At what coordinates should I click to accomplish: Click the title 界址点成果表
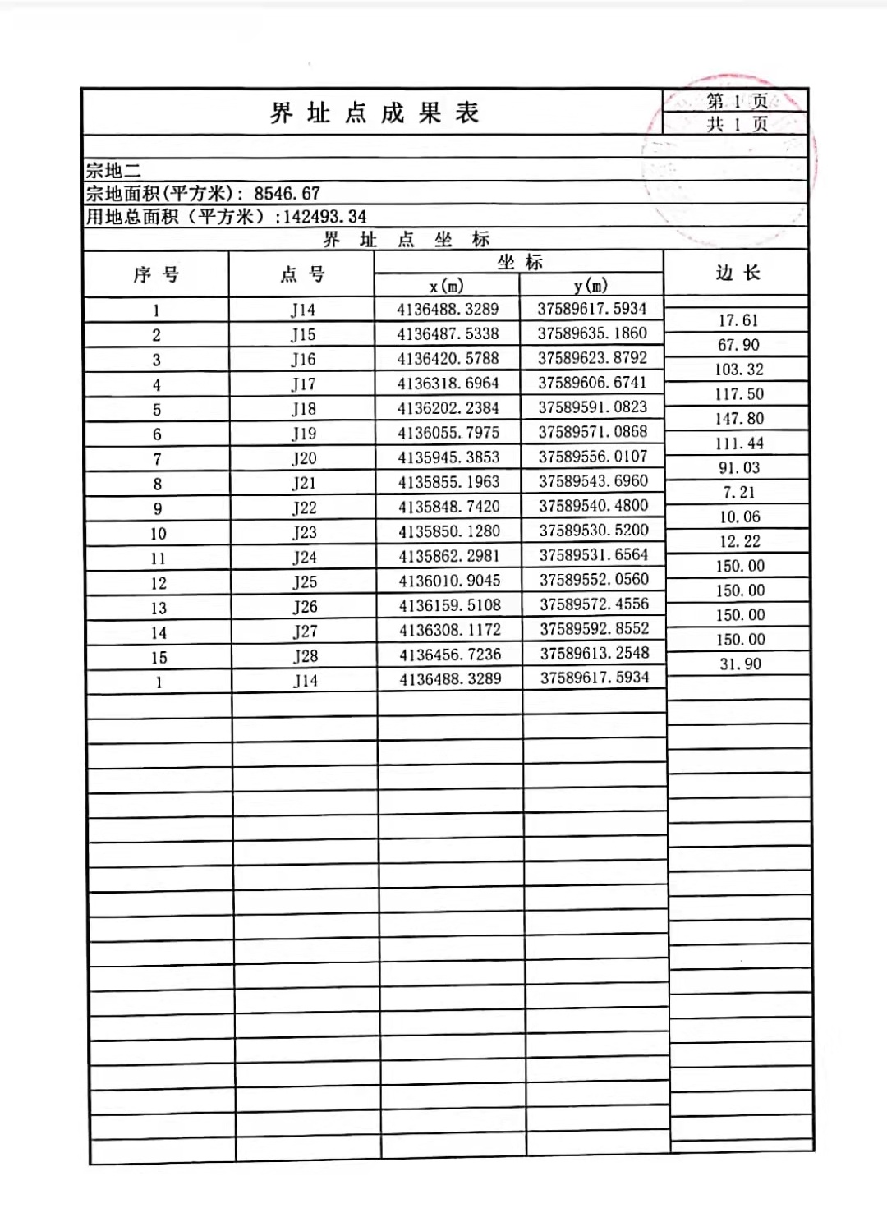point(374,113)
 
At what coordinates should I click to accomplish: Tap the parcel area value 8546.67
point(287,194)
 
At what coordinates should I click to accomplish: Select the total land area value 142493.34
point(324,217)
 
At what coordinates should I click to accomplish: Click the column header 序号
point(155,274)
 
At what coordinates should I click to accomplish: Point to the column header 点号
point(301,274)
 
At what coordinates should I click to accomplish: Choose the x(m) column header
point(446,286)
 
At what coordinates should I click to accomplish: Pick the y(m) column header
point(591,286)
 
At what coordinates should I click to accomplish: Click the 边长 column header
point(737,273)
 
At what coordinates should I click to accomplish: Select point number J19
point(303,434)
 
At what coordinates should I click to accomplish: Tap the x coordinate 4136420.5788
point(448,358)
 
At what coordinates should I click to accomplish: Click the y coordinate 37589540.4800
point(593,506)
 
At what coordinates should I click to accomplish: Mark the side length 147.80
point(738,419)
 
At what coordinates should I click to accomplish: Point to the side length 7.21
point(739,493)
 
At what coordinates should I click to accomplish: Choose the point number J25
point(304,582)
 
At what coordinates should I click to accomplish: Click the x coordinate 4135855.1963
point(448,482)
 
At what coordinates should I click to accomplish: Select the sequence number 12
point(158,583)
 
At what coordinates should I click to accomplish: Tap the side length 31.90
point(740,664)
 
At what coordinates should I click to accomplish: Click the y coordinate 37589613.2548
point(594,654)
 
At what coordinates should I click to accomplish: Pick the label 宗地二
point(113,171)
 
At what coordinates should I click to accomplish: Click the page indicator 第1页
point(736,101)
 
